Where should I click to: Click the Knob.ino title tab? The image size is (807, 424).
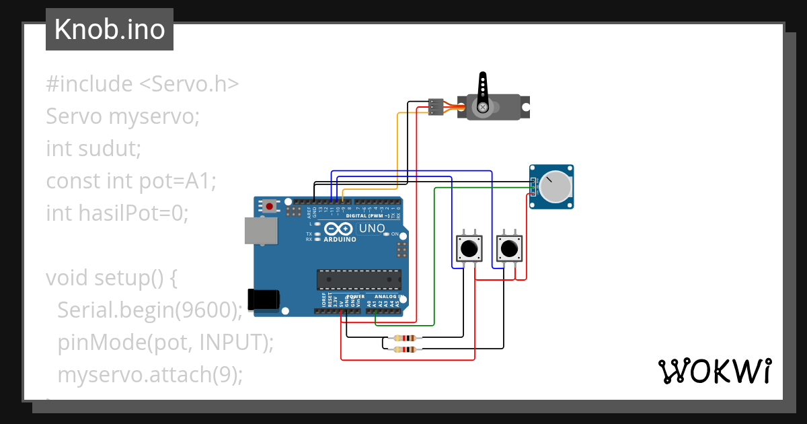click(110, 30)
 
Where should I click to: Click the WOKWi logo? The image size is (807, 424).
click(714, 372)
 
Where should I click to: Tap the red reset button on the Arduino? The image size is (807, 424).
click(270, 206)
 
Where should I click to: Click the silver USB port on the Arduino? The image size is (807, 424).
click(260, 229)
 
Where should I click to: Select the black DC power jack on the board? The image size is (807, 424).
click(264, 299)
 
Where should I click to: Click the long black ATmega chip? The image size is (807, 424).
click(358, 279)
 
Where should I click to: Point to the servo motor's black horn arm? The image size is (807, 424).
click(482, 92)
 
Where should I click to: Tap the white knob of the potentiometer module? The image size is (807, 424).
click(556, 186)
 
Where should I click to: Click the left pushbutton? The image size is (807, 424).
click(469, 248)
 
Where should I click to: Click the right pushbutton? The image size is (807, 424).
click(508, 248)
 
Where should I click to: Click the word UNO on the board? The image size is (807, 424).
click(372, 228)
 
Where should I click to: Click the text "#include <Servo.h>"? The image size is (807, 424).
click(143, 84)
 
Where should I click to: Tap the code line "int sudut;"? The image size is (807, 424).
click(93, 148)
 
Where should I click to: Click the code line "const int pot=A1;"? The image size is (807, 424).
click(131, 180)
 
